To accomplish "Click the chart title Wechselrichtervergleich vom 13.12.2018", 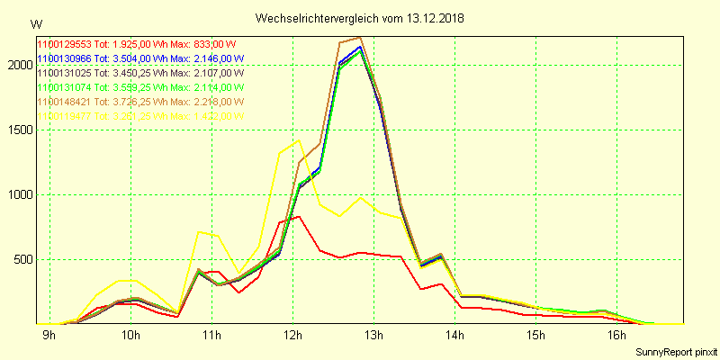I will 360,18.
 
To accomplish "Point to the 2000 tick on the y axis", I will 17,65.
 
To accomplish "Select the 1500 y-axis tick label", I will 17,130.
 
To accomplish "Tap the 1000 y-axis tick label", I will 17,194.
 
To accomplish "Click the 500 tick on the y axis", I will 21,259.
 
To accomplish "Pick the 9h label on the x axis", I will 49,336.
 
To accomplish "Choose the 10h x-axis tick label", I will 130,336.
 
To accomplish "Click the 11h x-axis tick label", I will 211,336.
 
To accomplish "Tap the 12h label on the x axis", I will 292,336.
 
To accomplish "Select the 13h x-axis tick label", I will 373,336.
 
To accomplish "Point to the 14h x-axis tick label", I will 454,336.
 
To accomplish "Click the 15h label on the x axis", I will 535,336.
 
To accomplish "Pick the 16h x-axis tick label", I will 616,336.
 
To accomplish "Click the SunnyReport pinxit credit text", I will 676,350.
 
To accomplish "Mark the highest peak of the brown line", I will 360,38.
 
